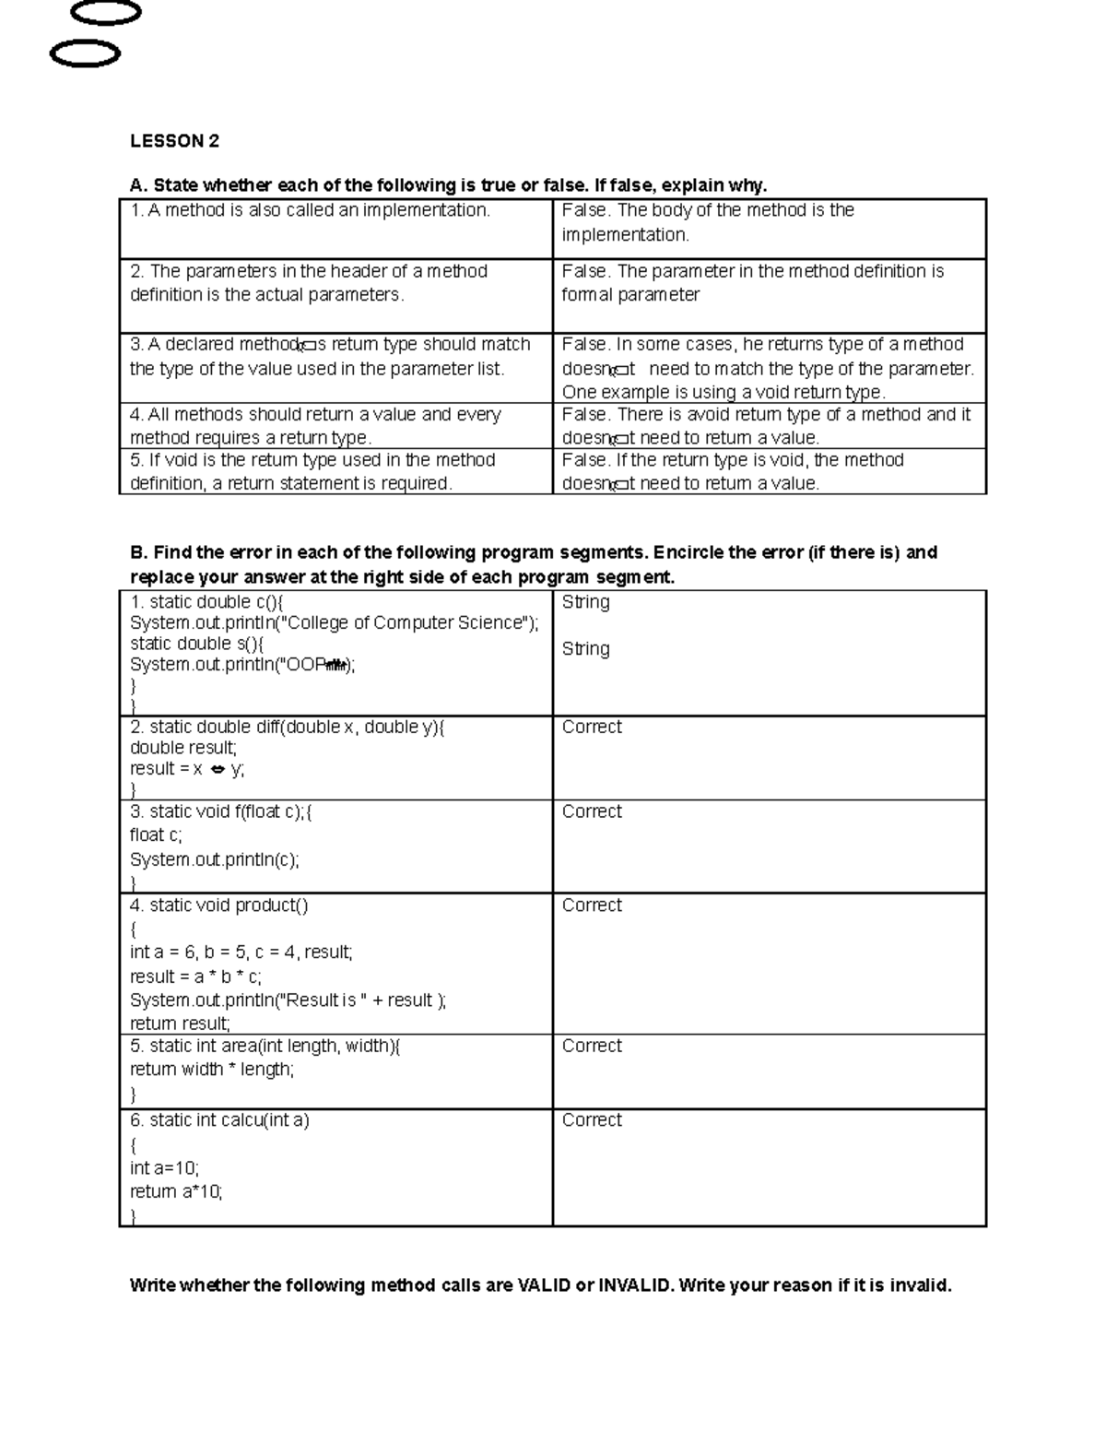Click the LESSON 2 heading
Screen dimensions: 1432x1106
coord(174,141)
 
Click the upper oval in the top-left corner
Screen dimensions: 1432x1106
coord(106,13)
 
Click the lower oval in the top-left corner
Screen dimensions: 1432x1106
coord(85,54)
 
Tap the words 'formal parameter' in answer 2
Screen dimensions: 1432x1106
coord(630,295)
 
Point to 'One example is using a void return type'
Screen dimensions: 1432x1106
coord(724,392)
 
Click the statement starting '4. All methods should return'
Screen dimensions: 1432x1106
coord(315,415)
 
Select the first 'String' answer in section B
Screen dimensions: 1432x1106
coord(585,602)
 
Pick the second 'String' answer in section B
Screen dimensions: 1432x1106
coord(585,649)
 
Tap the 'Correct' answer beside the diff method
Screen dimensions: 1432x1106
coord(592,727)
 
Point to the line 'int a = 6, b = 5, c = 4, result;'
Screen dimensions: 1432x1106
coord(241,953)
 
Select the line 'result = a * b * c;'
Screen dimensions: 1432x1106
coord(195,976)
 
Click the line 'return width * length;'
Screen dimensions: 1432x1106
coord(212,1070)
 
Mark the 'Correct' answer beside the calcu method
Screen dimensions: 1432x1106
coord(592,1120)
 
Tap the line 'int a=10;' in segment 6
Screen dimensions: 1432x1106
coord(164,1168)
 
